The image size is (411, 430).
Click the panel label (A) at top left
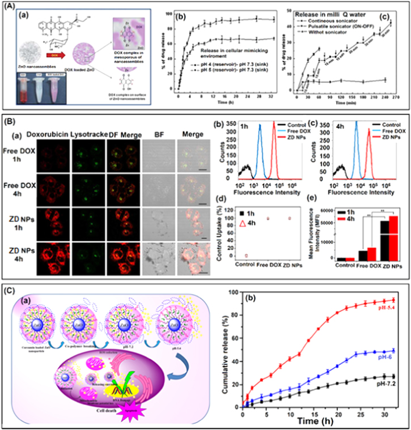coord(8,7)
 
